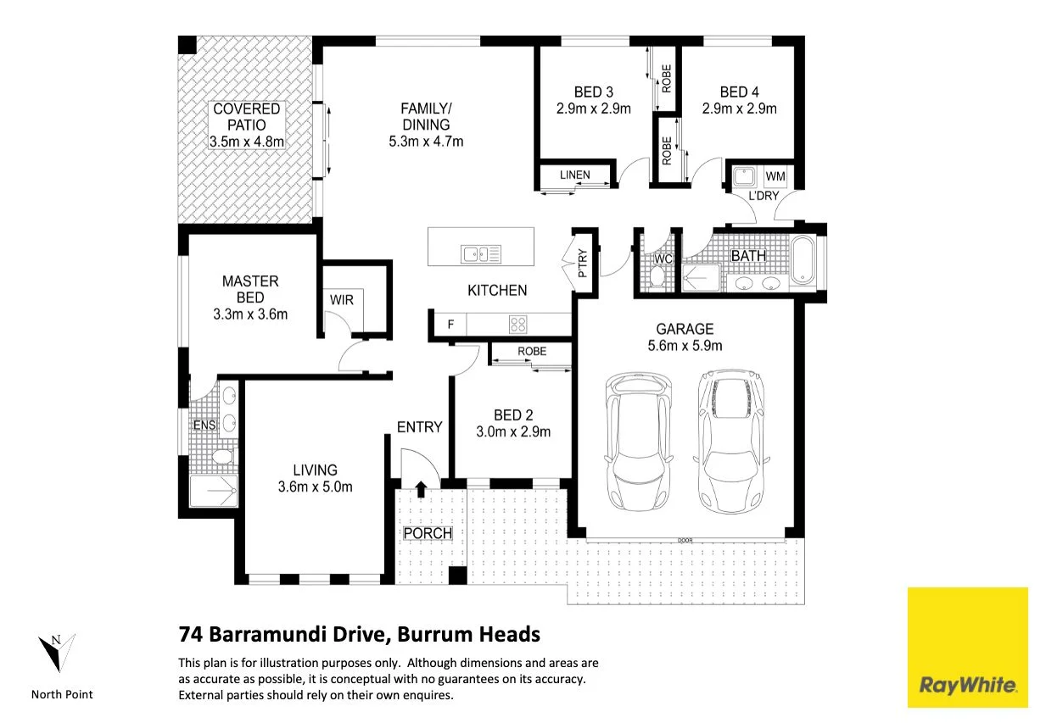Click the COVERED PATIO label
click(x=246, y=117)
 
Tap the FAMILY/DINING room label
click(x=426, y=117)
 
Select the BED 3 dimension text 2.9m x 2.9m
click(x=593, y=108)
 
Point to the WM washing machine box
click(x=775, y=176)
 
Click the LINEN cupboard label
click(x=575, y=175)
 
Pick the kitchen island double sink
click(x=481, y=254)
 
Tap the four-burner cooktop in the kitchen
click(x=517, y=324)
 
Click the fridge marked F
click(x=450, y=324)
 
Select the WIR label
click(x=341, y=300)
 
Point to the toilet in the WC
click(x=657, y=275)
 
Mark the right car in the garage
click(x=731, y=442)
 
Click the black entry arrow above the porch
click(x=421, y=489)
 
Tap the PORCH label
click(x=428, y=533)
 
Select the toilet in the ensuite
click(x=222, y=456)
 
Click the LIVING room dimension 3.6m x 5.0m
click(x=316, y=487)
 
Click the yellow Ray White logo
click(x=968, y=648)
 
